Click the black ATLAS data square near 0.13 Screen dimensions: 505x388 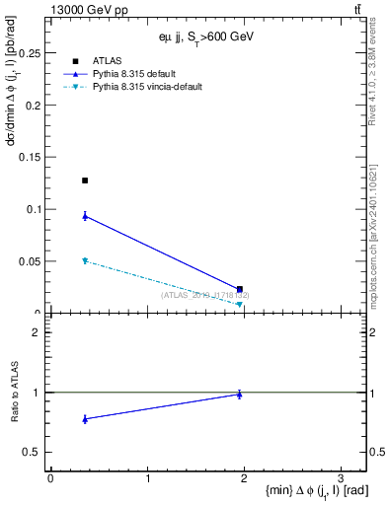pos(85,180)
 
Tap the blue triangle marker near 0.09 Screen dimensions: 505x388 pos(85,216)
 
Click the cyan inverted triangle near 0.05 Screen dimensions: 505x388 pos(85,260)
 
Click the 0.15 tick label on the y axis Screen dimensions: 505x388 pos(32,157)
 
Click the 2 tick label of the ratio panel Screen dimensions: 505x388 pos(39,332)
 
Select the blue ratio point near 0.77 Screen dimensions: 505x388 pos(85,419)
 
